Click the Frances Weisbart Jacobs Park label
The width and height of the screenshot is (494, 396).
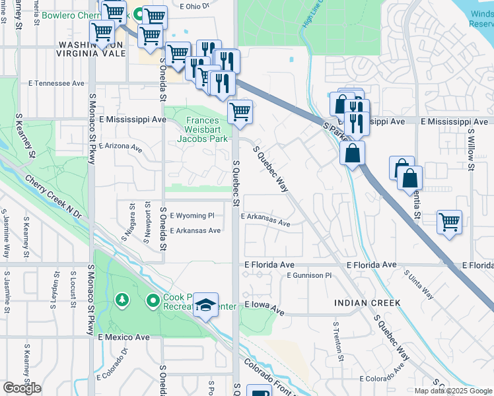coord(207,129)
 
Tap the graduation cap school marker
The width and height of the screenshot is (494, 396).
coord(207,305)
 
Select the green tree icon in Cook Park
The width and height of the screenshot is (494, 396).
coord(122,301)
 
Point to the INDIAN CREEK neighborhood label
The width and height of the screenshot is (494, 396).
coord(367,303)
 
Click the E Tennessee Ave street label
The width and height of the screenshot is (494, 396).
coord(56,84)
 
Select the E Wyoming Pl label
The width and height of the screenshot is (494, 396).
coord(192,216)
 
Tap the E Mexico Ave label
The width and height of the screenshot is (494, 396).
coord(123,337)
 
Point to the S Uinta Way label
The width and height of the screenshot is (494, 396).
coord(419,284)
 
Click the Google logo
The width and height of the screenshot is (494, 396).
coord(22,388)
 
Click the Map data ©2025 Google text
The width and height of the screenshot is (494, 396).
coord(452,391)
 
